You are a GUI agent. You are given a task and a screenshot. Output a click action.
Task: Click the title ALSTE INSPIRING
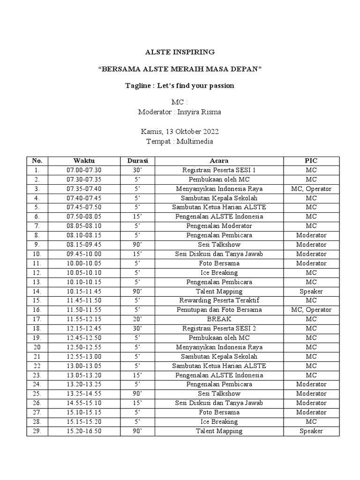(x=180, y=52)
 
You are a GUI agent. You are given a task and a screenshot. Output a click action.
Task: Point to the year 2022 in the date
(x=210, y=132)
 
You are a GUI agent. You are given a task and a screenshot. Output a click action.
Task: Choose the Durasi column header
(x=137, y=161)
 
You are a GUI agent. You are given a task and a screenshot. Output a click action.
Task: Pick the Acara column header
(x=219, y=161)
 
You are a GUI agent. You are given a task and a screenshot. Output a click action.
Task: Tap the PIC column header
(x=311, y=161)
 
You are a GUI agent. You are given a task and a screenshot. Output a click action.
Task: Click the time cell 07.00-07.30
(x=84, y=170)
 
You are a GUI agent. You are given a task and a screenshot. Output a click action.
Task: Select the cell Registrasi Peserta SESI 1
(x=219, y=170)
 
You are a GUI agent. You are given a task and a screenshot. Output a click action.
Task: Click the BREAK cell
(x=219, y=319)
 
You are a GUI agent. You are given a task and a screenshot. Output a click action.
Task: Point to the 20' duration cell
(x=137, y=319)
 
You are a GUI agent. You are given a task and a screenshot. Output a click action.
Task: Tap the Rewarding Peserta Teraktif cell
(x=219, y=300)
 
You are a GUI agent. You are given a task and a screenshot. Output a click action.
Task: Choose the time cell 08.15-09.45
(x=84, y=245)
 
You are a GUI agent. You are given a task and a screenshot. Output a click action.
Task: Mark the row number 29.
(x=37, y=431)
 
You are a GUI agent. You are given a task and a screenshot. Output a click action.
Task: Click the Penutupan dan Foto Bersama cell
(x=219, y=310)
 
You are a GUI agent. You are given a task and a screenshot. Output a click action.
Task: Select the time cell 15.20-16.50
(x=84, y=431)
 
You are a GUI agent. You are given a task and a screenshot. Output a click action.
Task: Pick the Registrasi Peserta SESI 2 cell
(x=219, y=329)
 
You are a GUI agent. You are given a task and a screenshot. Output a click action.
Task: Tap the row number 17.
(x=37, y=319)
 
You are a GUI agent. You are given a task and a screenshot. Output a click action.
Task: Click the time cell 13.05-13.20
(x=84, y=375)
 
